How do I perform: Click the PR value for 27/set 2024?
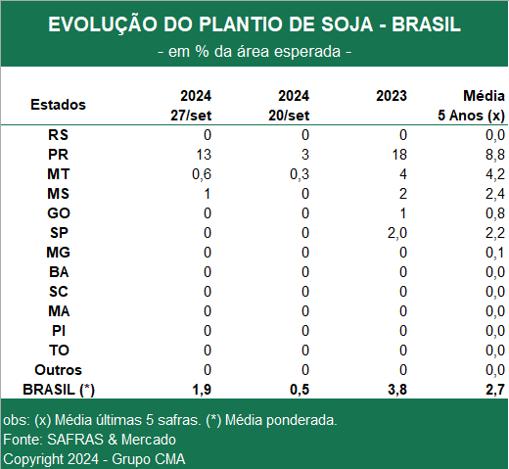[204, 155]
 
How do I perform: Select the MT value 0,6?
[202, 174]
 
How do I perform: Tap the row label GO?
[59, 213]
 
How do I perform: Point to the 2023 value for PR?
[399, 155]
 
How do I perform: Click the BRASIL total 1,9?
[202, 390]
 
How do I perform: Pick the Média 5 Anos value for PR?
[495, 155]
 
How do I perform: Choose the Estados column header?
[58, 105]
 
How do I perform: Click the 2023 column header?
[392, 96]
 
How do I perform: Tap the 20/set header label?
[289, 116]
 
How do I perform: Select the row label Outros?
[58, 370]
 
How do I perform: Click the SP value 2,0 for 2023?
[397, 233]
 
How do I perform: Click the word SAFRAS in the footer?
[75, 440]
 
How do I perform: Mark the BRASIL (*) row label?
[59, 390]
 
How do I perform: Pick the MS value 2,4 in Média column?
[495, 194]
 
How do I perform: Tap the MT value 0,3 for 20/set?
[300, 174]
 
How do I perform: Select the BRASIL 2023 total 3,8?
[397, 390]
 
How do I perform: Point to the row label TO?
[59, 351]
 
